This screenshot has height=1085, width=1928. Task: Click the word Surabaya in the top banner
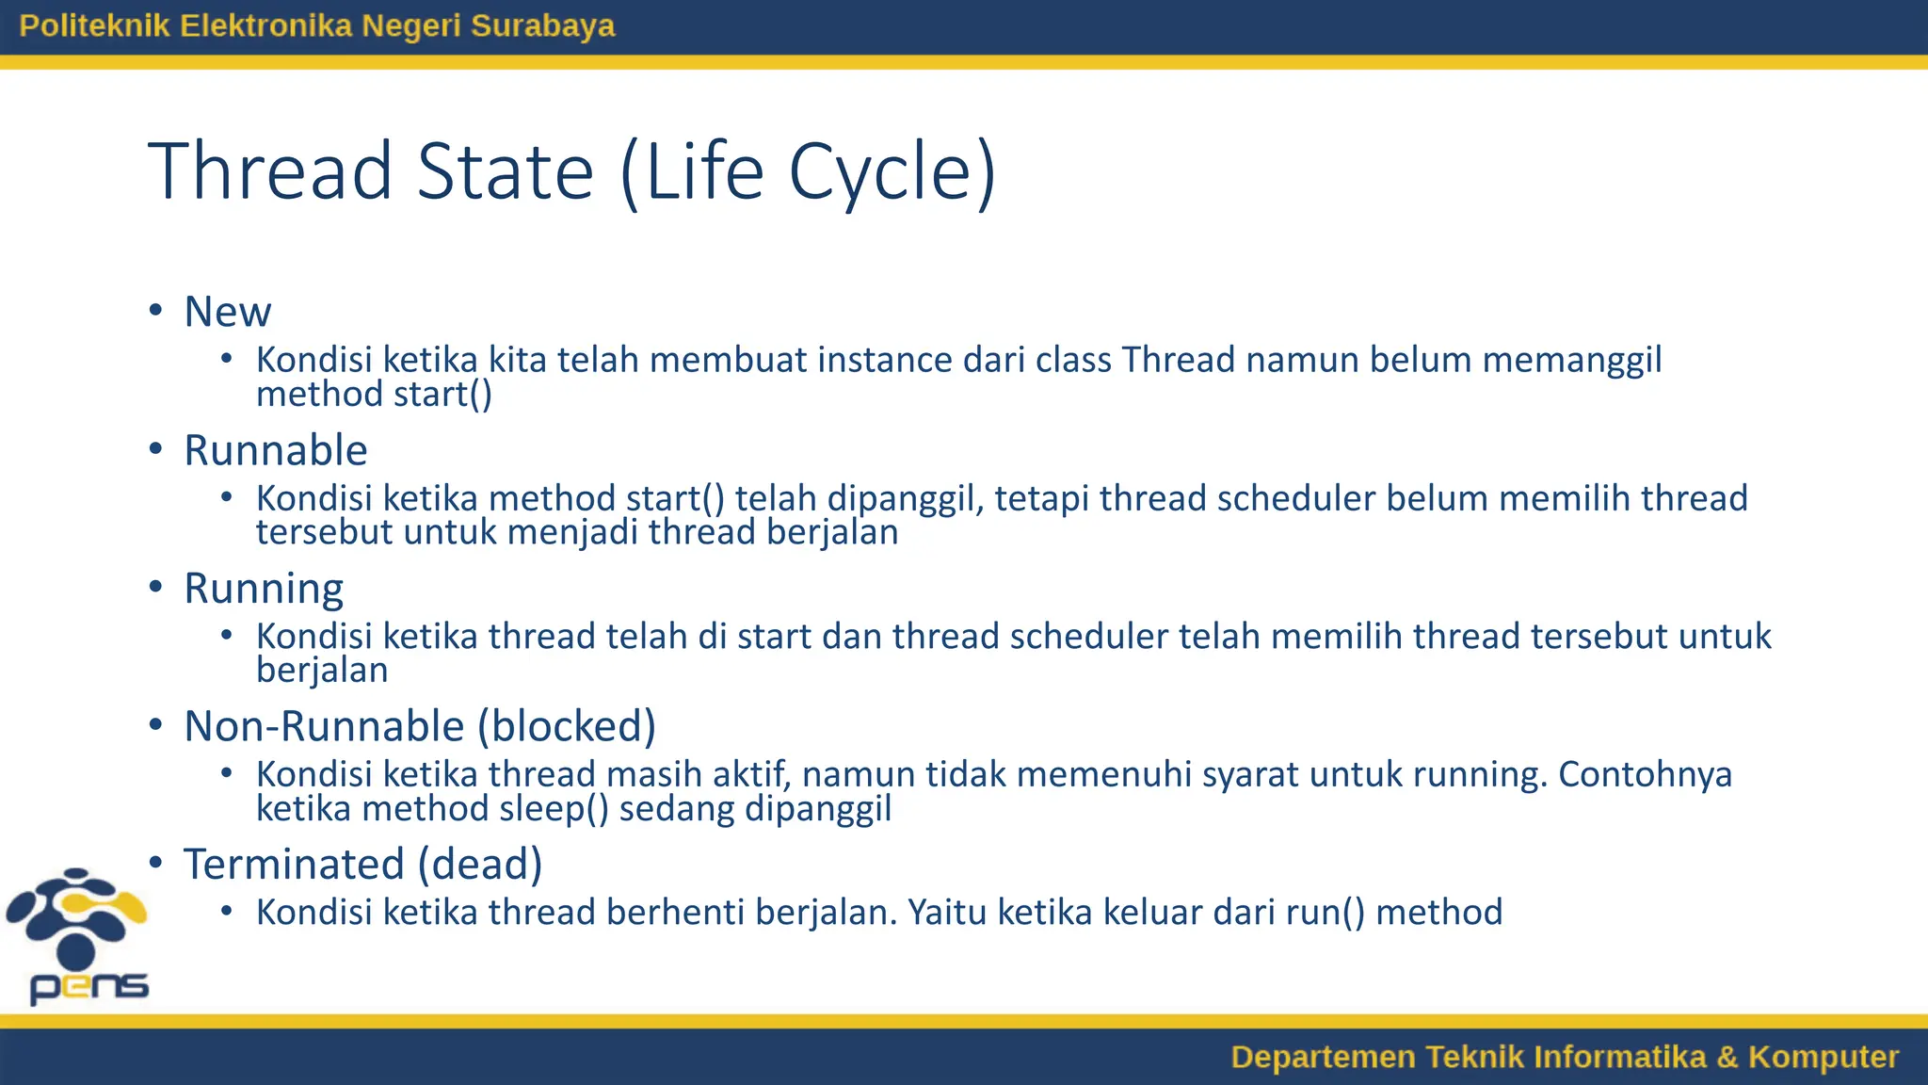[542, 25]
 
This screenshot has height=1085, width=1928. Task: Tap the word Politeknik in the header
[94, 25]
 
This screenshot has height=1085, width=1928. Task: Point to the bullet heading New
[228, 312]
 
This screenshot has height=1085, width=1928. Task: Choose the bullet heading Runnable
[276, 450]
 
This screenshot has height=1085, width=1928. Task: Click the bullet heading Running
[264, 589]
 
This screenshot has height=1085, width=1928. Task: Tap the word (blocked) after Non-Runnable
[567, 726]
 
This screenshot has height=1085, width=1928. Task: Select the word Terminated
[295, 865]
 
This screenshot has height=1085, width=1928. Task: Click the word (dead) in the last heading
[480, 865]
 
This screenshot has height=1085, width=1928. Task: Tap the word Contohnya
[1645, 774]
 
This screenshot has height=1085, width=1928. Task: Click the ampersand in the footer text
[1727, 1057]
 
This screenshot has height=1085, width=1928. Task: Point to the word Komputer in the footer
[1823, 1057]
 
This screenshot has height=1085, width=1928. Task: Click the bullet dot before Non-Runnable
[156, 725]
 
